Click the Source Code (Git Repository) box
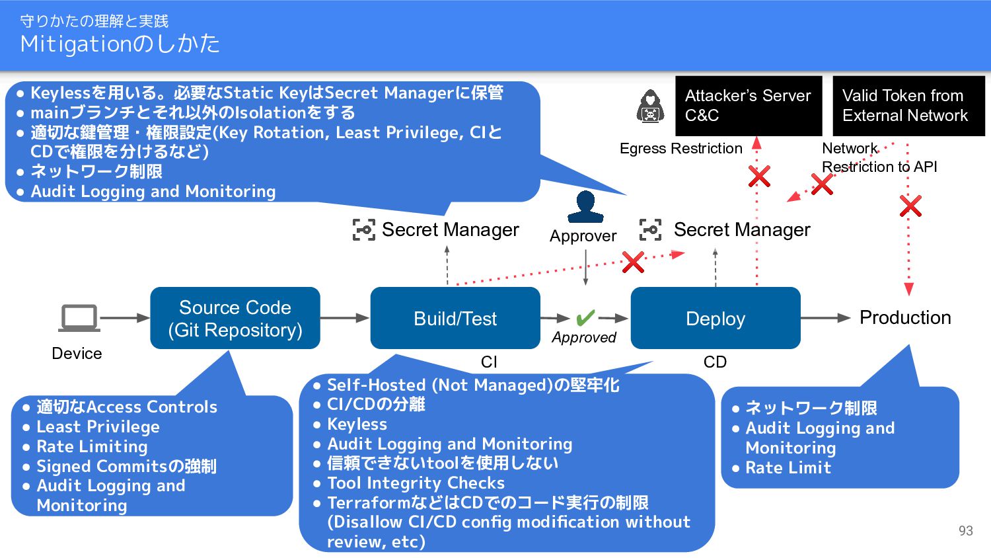(235, 318)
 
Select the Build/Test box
(455, 318)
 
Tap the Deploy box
(716, 318)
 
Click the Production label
(905, 317)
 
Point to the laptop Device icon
(79, 318)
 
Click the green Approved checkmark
(585, 317)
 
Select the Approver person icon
(585, 206)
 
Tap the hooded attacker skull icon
(650, 106)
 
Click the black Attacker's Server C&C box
(749, 106)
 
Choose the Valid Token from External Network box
(908, 106)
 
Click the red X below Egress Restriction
(759, 177)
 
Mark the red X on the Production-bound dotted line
(910, 206)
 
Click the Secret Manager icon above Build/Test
(363, 230)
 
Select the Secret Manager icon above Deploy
(650, 230)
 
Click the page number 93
(966, 530)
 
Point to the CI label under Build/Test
(489, 362)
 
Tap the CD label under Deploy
(715, 362)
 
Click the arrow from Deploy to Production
(826, 318)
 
